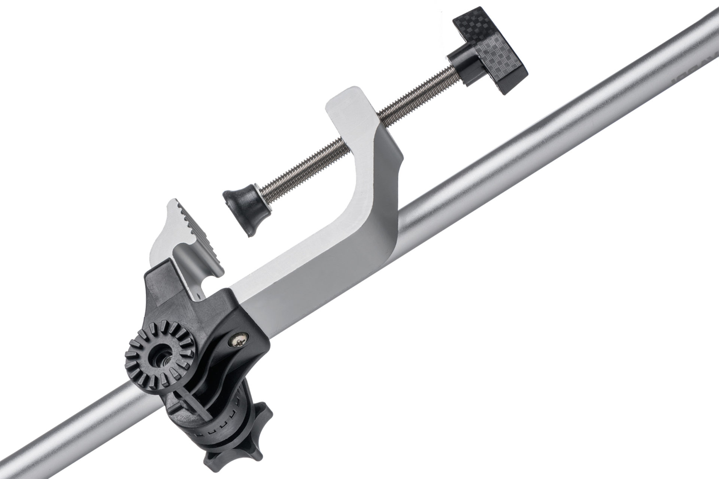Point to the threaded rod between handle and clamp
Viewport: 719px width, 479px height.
[x=416, y=90]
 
